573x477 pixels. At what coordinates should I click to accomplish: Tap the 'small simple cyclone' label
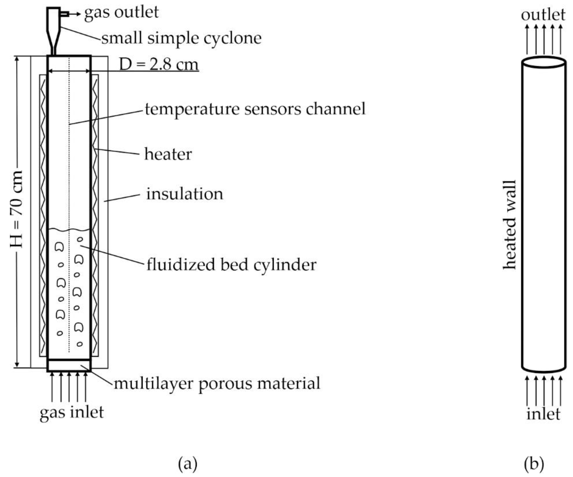tap(181, 38)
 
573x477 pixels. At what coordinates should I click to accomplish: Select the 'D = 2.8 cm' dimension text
tap(159, 65)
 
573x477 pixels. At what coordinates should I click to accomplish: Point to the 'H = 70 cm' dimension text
tap(16, 209)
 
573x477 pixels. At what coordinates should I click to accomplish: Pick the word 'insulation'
tap(185, 194)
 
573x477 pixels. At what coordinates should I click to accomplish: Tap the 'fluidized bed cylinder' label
tap(231, 265)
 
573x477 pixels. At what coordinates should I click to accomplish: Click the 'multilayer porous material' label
tap(217, 383)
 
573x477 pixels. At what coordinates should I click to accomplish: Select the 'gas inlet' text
tap(72, 413)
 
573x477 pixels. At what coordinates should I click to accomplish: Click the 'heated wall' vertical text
tap(510, 225)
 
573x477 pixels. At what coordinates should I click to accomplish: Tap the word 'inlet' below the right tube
tap(543, 414)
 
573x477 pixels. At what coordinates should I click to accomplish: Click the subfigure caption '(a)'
tap(188, 464)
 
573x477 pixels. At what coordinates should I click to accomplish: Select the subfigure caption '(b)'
tap(534, 464)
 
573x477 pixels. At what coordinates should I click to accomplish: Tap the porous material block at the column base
tap(69, 365)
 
